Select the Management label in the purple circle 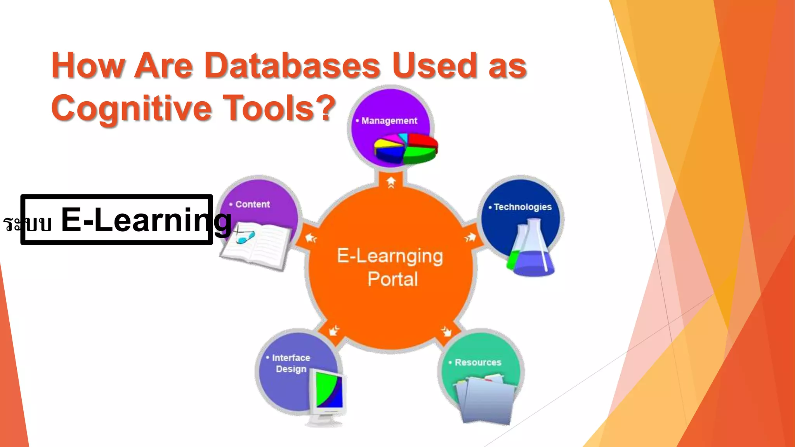point(389,121)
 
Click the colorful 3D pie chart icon point(405,149)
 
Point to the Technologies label point(522,207)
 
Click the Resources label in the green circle point(478,362)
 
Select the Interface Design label point(291,363)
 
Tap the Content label point(252,204)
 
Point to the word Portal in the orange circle point(392,279)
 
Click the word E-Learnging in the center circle point(390,256)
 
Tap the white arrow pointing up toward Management point(391,182)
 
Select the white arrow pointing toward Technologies point(470,237)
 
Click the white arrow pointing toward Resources point(447,331)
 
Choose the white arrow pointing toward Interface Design point(333,331)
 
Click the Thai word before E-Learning point(27,224)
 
